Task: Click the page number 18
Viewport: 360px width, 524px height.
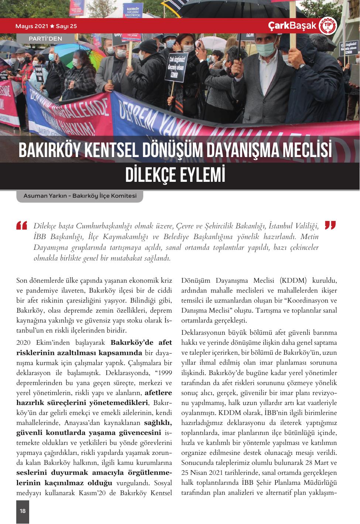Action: coord(23,511)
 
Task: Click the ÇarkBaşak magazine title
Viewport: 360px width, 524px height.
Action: coord(292,26)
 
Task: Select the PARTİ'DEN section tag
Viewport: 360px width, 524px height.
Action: coord(45,38)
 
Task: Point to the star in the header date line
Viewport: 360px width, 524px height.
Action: coord(52,26)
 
